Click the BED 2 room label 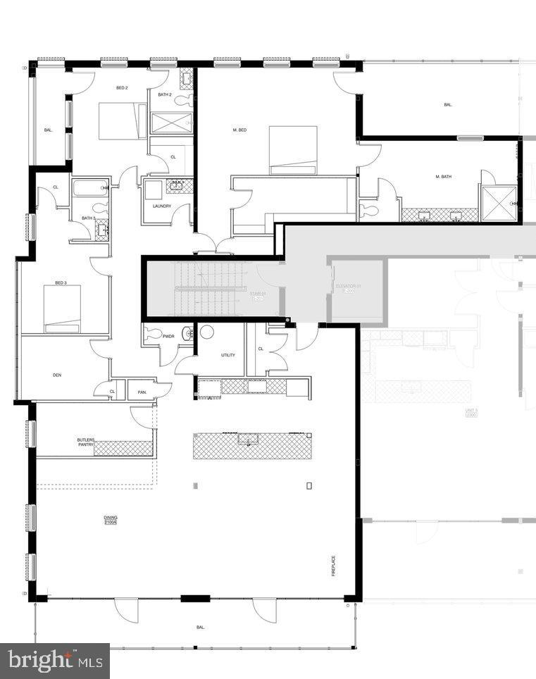pos(122,88)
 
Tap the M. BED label pos(239,130)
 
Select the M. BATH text pos(443,177)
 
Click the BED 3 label pos(61,283)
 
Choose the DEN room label pos(57,375)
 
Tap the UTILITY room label pos(228,355)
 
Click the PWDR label pos(168,337)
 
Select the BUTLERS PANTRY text pos(86,442)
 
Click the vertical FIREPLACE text pos(334,566)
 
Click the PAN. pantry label pos(142,392)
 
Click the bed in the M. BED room pos(292,149)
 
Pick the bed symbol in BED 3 pos(62,309)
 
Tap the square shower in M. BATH pos(498,203)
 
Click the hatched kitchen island pos(252,446)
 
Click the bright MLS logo pos(54,661)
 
